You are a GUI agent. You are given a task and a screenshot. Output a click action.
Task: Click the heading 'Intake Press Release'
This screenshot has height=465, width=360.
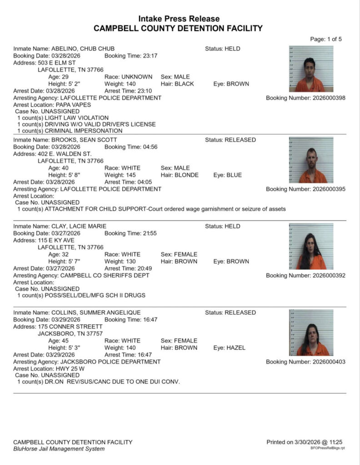point(179,19)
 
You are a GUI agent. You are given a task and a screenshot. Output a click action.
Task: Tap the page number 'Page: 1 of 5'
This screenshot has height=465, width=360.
point(326,39)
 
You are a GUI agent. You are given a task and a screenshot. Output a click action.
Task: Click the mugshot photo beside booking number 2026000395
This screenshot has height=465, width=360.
point(311,160)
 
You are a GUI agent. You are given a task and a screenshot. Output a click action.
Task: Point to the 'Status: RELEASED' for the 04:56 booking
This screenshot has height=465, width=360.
point(230,140)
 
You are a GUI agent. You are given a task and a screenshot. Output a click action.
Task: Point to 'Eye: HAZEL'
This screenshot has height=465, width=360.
point(229,348)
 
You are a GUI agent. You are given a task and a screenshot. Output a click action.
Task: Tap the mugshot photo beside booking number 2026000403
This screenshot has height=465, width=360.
point(311,332)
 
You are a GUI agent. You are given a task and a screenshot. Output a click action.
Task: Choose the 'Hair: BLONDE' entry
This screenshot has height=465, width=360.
point(180,175)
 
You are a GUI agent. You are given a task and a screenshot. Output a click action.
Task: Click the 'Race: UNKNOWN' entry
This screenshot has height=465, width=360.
point(129,77)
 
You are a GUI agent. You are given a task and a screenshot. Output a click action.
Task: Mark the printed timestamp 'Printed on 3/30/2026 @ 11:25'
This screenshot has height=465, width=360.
point(304,442)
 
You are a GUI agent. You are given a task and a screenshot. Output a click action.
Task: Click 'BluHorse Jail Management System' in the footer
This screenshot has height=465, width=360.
point(59,449)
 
